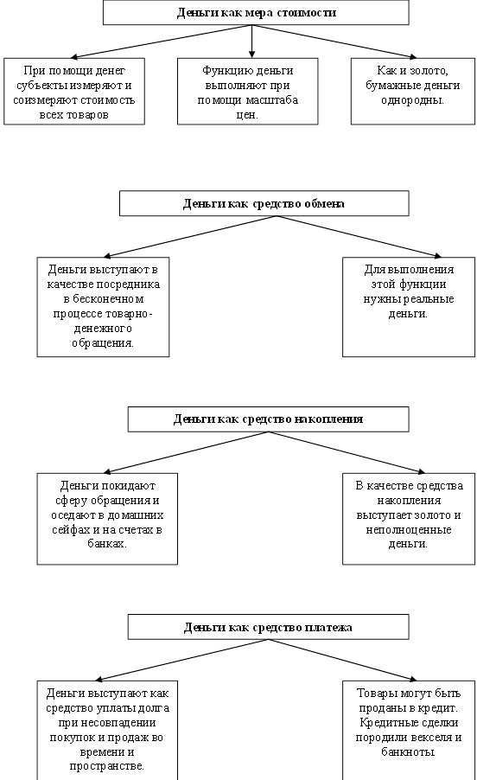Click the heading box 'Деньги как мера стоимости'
pyautogui.click(x=256, y=12)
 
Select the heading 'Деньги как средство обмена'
pyautogui.click(x=264, y=203)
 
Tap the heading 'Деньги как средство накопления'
pyautogui.click(x=268, y=419)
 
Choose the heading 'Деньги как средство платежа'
pyautogui.click(x=268, y=627)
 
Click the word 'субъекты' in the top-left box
pyautogui.click(x=41, y=85)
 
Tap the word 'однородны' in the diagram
pyautogui.click(x=412, y=100)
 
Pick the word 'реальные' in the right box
pyautogui.click(x=429, y=299)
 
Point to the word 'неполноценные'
pyautogui.click(x=409, y=530)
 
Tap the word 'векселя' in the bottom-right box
pyautogui.click(x=430, y=738)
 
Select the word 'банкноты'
pyautogui.click(x=408, y=751)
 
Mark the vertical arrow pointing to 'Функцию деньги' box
pyautogui.click(x=252, y=42)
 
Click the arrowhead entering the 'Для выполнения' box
pyautogui.click(x=437, y=256)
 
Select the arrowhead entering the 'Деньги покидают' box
pyautogui.click(x=107, y=471)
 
